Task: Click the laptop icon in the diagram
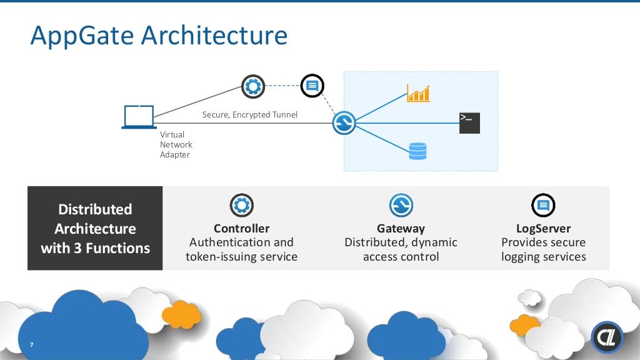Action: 139,117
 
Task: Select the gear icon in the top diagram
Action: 253,86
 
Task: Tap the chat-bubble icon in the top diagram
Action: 312,86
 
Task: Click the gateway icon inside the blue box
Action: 344,122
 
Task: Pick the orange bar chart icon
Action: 418,93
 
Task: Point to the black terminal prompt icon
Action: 469,122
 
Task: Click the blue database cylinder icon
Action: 417,151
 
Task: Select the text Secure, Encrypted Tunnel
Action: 250,115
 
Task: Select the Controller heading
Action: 241,228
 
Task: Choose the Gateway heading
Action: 401,228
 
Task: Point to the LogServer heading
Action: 543,228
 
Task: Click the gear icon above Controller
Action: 242,205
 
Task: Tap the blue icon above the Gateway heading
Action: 401,205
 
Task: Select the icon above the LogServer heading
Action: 543,205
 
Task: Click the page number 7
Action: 31,346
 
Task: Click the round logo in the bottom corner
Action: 607,337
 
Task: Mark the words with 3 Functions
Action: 95,248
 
